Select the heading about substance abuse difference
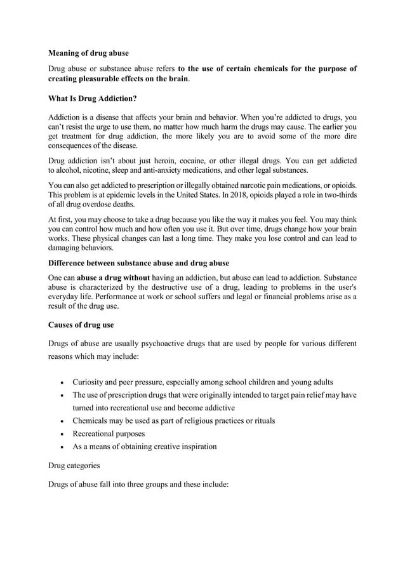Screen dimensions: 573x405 [x=138, y=262]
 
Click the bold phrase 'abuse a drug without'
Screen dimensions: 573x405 [x=116, y=278]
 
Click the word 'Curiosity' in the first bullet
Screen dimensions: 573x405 [x=91, y=382]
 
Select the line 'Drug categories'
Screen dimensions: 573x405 [x=74, y=466]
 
